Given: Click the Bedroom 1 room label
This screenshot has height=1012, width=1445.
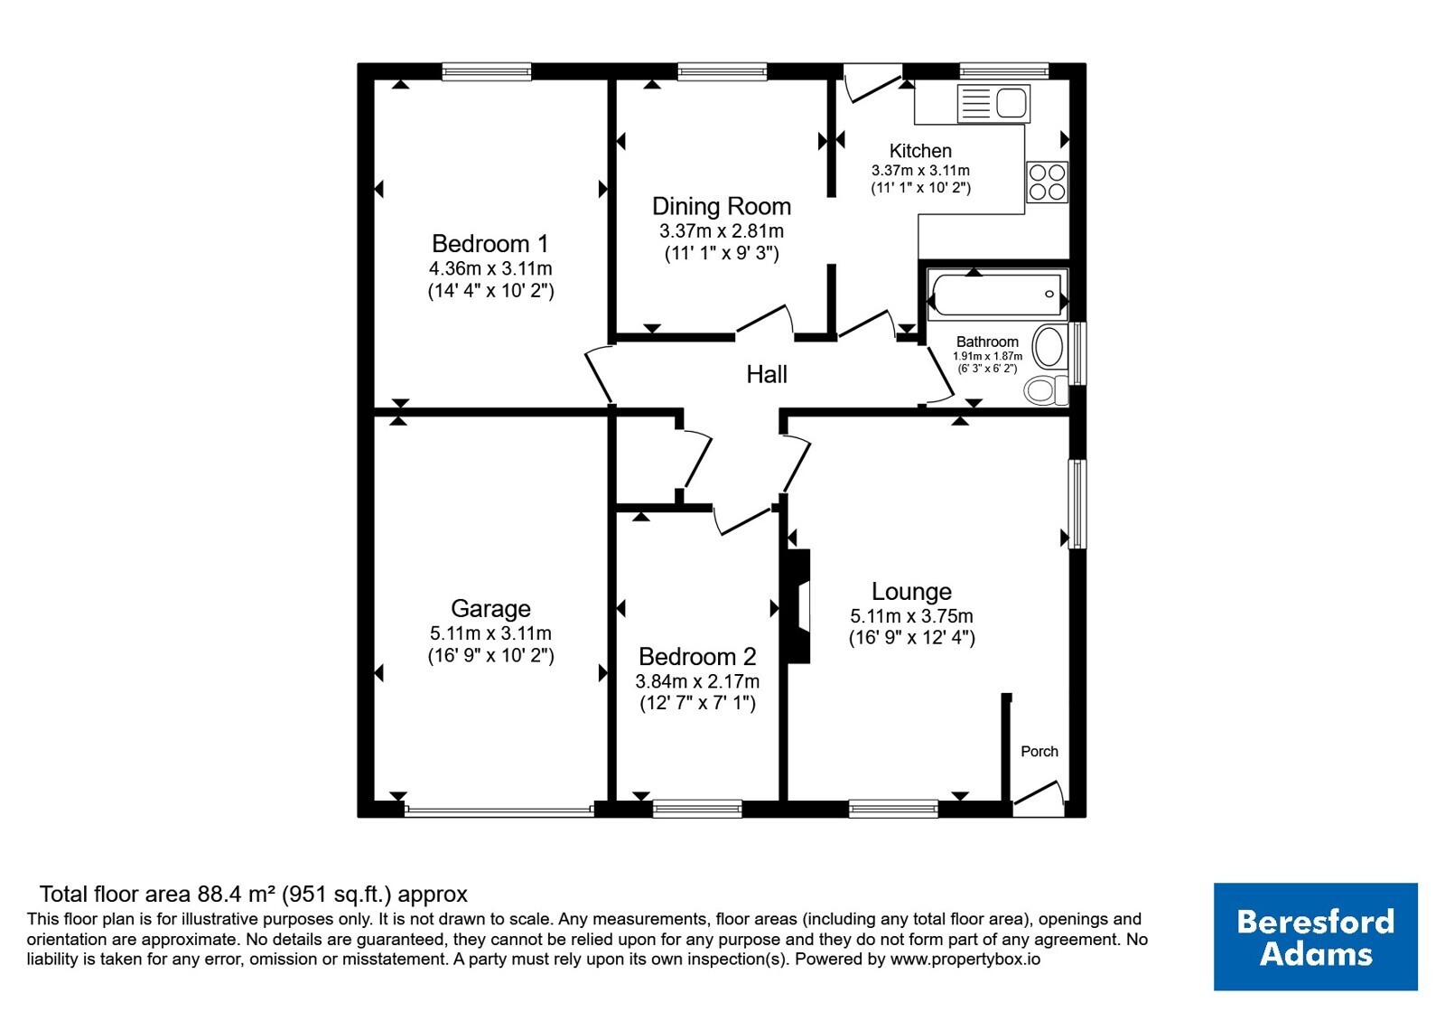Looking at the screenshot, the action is (x=490, y=244).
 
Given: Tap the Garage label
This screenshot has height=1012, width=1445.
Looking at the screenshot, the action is (x=491, y=609).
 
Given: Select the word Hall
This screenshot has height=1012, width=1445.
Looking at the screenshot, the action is (x=767, y=374).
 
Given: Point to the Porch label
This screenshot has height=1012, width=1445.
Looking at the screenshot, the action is (x=1039, y=751).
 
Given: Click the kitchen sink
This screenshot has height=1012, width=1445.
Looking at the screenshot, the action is (x=993, y=103).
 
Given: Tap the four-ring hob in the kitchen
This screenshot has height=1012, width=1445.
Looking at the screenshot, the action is (x=1047, y=182).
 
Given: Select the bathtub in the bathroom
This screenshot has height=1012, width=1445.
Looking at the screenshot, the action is (x=997, y=295).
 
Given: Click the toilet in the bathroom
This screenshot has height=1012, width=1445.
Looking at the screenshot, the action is (x=1046, y=389).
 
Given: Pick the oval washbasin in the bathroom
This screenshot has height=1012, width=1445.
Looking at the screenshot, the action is (x=1049, y=347).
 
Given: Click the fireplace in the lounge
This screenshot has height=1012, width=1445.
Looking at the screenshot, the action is (x=797, y=606).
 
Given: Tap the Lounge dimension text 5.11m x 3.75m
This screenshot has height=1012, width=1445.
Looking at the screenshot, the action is (x=911, y=615).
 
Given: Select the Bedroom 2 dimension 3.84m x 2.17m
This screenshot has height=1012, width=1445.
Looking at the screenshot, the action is (x=697, y=681).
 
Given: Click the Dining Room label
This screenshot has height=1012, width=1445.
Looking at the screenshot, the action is (x=722, y=207).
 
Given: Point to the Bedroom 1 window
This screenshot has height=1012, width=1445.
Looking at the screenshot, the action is (x=487, y=71).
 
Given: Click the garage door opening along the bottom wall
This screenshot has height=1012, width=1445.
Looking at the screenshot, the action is (x=499, y=810).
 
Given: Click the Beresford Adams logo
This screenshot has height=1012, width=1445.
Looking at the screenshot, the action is (x=1315, y=936).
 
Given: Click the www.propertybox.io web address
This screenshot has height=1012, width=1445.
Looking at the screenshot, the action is (x=965, y=959).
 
